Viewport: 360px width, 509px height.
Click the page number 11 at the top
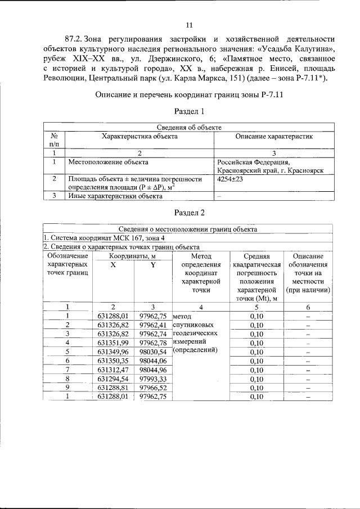tap(189, 24)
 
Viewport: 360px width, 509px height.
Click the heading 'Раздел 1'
tap(189, 112)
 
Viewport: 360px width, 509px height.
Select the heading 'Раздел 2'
tap(189, 213)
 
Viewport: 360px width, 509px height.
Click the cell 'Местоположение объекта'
tap(108, 162)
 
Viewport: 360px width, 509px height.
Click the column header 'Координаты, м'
tap(133, 256)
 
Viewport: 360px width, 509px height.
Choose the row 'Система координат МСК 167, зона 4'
tap(101, 238)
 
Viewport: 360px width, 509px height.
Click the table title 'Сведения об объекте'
tap(189, 128)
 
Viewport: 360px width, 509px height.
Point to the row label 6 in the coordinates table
tap(67, 361)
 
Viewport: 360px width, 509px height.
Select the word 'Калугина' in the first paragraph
tap(312, 49)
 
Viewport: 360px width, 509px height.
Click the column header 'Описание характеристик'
tap(273, 136)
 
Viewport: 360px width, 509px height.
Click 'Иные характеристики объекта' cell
tap(115, 196)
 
